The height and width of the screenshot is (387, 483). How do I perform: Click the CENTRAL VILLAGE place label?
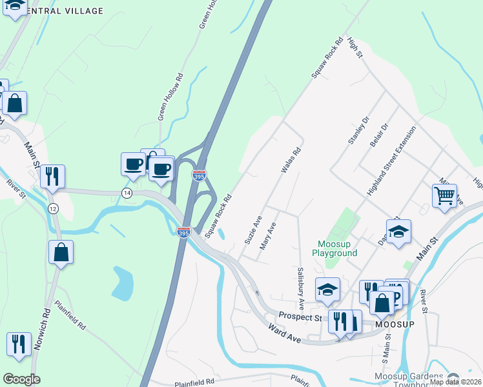click(65, 11)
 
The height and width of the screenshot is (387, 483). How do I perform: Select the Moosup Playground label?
click(337, 248)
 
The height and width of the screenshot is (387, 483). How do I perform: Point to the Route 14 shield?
click(127, 193)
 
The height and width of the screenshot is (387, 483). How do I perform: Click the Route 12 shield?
click(53, 208)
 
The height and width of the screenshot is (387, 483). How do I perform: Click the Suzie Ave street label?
click(252, 230)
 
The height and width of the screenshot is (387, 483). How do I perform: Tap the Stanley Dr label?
click(358, 130)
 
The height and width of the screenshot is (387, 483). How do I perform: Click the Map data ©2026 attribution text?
click(455, 382)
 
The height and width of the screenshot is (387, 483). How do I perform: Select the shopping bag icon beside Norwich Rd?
click(61, 253)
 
